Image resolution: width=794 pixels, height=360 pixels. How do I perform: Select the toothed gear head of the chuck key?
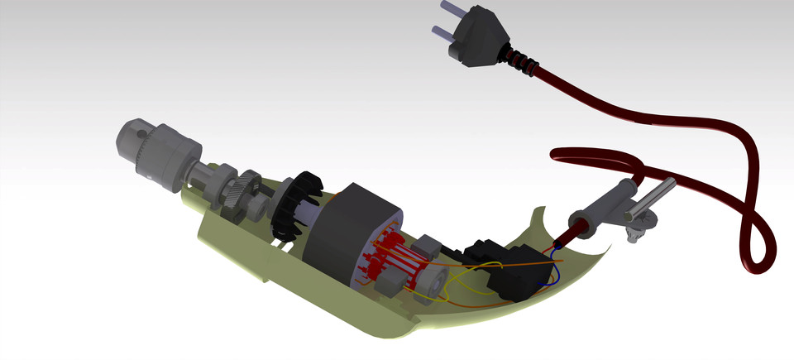[636, 231]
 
